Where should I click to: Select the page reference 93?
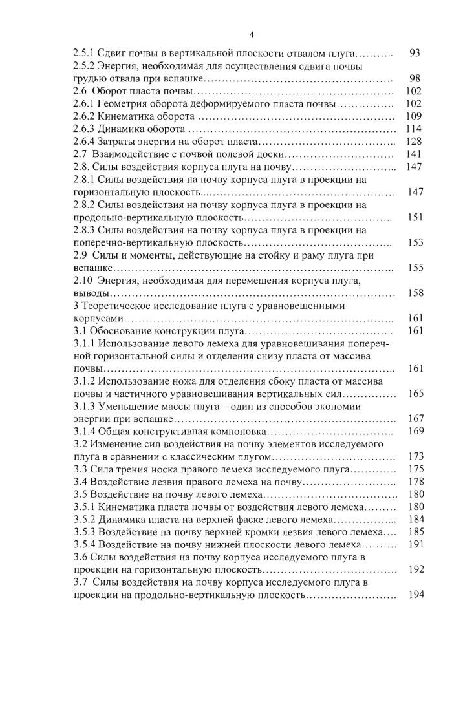tap(416, 54)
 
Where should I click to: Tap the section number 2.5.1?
tap(84, 54)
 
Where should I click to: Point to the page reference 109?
tap(413, 116)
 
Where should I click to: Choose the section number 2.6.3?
tap(84, 129)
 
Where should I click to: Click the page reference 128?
tap(413, 142)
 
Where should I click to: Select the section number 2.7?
tap(80, 154)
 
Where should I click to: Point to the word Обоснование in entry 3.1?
tap(118, 331)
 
